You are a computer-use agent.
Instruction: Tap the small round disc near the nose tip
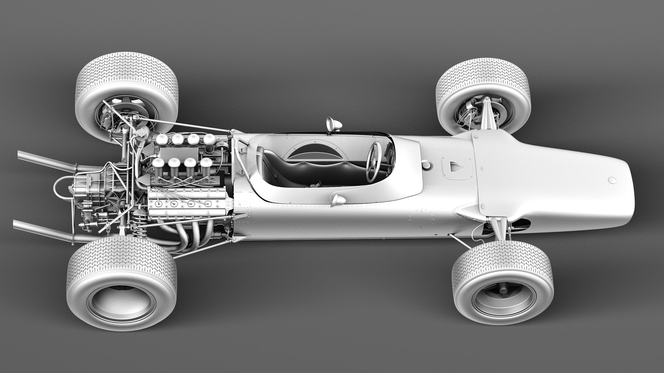pyautogui.click(x=612, y=180)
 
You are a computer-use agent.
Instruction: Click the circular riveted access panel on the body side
pyautogui.click(x=421, y=219)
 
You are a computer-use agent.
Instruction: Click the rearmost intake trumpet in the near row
pyautogui.click(x=158, y=164)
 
